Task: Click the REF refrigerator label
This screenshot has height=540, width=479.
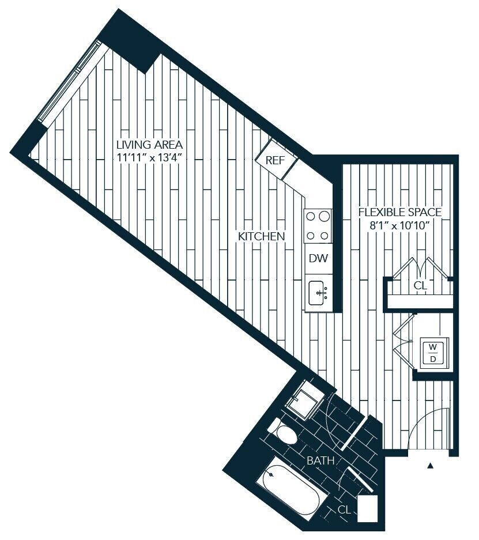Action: pos(276,161)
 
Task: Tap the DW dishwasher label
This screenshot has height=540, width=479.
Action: pos(318,258)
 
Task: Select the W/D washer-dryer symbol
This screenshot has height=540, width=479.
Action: pos(433,353)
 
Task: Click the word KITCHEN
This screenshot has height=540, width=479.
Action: pos(262,236)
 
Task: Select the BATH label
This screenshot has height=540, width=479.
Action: pos(320,460)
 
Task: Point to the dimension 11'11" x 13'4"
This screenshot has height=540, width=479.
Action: pos(149,158)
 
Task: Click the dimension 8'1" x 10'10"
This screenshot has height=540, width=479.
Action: pos(400,226)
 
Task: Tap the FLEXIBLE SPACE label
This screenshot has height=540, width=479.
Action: pos(400,212)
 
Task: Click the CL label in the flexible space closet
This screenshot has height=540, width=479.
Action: pos(420,285)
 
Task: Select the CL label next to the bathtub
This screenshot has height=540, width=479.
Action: pos(344,509)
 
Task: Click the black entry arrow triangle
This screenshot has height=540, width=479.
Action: pos(430,466)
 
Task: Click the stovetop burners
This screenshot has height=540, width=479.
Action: pos(318,226)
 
